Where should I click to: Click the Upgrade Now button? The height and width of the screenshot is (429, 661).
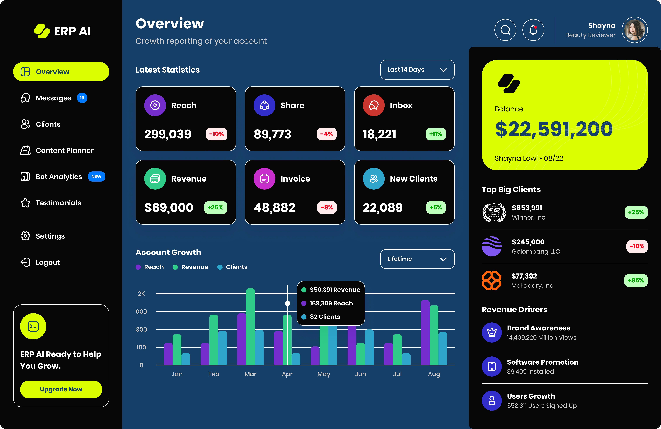pyautogui.click(x=61, y=389)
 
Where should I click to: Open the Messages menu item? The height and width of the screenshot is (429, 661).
pyautogui.click(x=53, y=98)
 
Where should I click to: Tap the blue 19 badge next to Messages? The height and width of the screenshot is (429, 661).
pyautogui.click(x=82, y=98)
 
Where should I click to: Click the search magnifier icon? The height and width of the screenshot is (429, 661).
pyautogui.click(x=505, y=30)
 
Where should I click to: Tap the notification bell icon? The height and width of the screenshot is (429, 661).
pyautogui.click(x=533, y=30)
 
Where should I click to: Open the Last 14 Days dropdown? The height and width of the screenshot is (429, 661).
pyautogui.click(x=417, y=70)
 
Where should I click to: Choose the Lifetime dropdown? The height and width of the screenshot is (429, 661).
pyautogui.click(x=417, y=259)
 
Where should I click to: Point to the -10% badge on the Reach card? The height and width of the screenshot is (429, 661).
pyautogui.click(x=216, y=134)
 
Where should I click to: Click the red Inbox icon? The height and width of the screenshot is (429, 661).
pyautogui.click(x=374, y=105)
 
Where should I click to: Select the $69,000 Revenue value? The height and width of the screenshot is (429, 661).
pyautogui.click(x=169, y=208)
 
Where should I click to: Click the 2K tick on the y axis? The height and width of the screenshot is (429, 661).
pyautogui.click(x=141, y=294)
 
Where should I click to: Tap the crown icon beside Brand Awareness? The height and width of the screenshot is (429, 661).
pyautogui.click(x=492, y=332)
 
